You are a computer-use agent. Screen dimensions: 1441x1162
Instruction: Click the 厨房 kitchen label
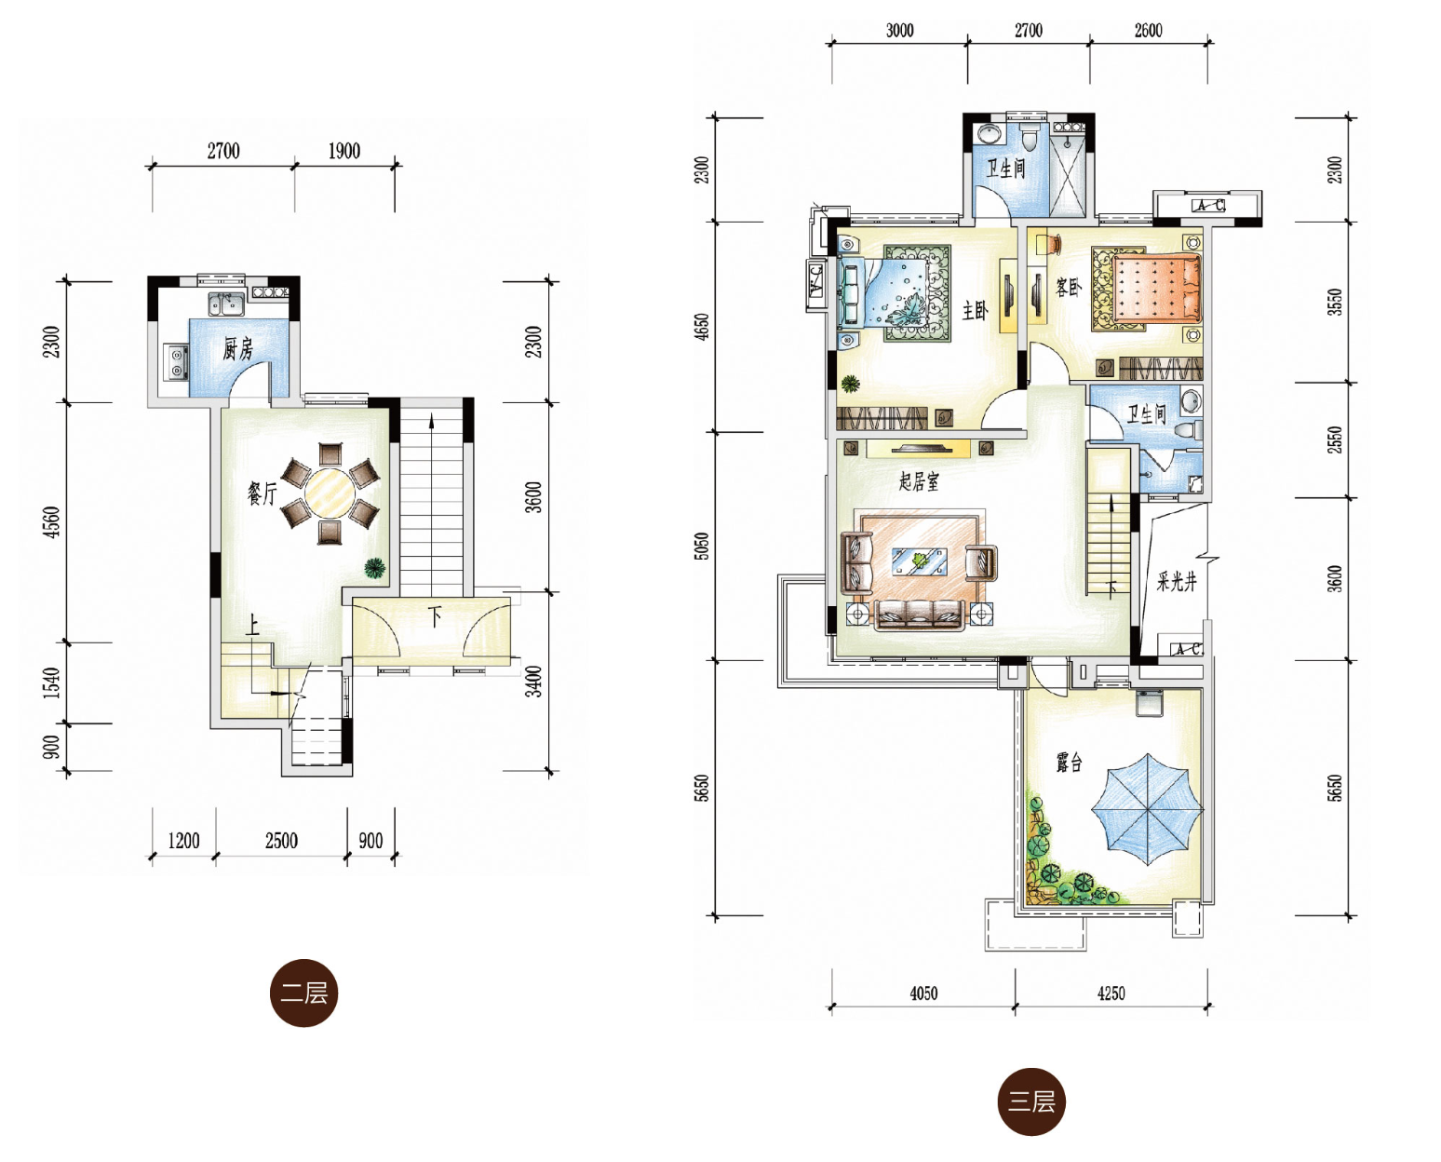pos(237,349)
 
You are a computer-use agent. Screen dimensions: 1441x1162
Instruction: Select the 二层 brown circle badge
pos(304,993)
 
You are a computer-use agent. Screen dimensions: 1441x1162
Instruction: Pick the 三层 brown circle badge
pos(1031,1101)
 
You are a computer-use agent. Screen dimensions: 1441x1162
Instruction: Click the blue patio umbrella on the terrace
pos(1147,809)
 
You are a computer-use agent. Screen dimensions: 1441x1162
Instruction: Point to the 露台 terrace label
pos(1069,763)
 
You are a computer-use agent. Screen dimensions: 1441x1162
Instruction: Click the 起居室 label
pos(919,480)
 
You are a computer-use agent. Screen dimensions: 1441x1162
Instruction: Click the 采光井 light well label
pos(1176,582)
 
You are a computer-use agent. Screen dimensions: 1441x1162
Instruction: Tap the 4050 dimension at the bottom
pos(923,993)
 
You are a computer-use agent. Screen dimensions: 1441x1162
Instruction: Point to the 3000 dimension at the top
pos(899,31)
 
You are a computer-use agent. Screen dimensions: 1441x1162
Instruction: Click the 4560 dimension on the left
pos(52,521)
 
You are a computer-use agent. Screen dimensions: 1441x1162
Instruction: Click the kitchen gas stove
pos(176,361)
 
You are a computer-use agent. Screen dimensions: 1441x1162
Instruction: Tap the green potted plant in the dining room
pos(375,568)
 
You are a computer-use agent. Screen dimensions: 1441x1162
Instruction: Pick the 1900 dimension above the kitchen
pos(343,152)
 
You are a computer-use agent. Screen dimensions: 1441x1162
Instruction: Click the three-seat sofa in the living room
pos(919,615)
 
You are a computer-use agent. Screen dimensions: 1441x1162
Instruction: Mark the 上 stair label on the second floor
pos(251,627)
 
